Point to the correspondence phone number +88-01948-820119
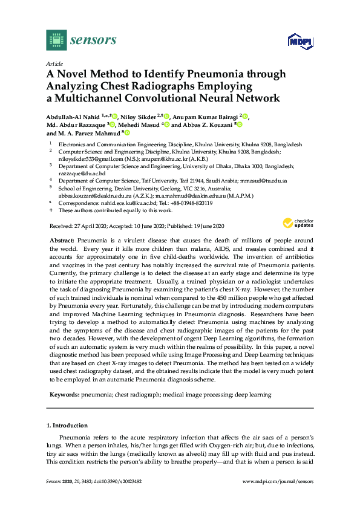(188, 203)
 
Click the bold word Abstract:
(61, 241)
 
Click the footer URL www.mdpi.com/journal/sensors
(278, 481)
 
